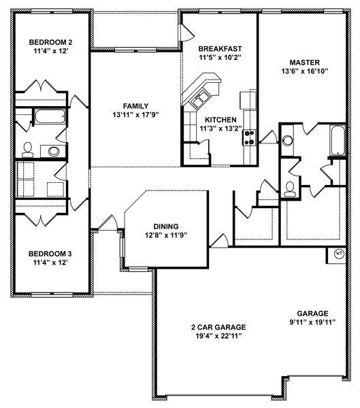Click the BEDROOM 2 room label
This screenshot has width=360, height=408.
tap(50, 42)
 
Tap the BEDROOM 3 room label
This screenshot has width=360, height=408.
tap(50, 254)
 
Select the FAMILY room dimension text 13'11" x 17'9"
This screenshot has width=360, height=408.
tap(135, 114)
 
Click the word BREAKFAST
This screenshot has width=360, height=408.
tap(220, 49)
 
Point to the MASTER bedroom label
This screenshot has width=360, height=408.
tap(304, 63)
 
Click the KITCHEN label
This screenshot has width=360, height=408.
tap(220, 120)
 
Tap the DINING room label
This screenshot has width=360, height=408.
tap(166, 226)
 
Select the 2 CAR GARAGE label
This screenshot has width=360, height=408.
tap(218, 327)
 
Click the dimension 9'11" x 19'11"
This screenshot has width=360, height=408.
tap(312, 322)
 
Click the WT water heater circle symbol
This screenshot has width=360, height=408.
tap(339, 254)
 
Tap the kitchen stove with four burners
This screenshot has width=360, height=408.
tap(249, 138)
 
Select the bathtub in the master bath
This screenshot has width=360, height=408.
tap(338, 141)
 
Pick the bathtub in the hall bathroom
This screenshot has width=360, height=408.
tap(50, 116)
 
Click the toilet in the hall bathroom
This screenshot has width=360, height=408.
tap(27, 150)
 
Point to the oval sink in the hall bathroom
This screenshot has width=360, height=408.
tap(54, 152)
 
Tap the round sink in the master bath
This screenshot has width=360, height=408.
tap(288, 141)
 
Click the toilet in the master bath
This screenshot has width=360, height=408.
tap(290, 189)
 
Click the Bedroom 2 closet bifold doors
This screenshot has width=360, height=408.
tap(41, 86)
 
